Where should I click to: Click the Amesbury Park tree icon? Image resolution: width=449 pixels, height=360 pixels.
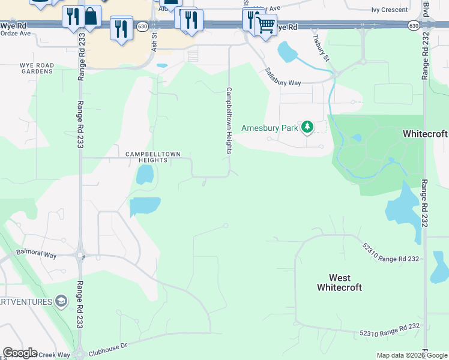click(x=307, y=127)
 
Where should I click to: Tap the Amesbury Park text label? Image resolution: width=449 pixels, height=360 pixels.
click(x=270, y=128)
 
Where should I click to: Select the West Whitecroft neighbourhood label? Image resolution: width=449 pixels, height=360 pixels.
click(x=339, y=283)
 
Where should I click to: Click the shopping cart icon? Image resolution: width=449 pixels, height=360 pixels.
click(x=265, y=25)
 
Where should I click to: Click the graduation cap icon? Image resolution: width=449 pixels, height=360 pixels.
click(x=61, y=301)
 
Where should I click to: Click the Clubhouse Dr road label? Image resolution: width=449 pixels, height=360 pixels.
click(x=108, y=346)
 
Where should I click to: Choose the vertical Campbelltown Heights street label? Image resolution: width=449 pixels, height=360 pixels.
click(x=229, y=121)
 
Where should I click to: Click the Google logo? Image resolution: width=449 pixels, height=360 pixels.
click(x=20, y=353)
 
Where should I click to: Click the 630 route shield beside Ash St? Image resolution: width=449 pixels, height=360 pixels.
click(x=142, y=26)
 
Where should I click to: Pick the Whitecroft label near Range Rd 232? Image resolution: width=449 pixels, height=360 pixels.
click(x=425, y=133)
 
